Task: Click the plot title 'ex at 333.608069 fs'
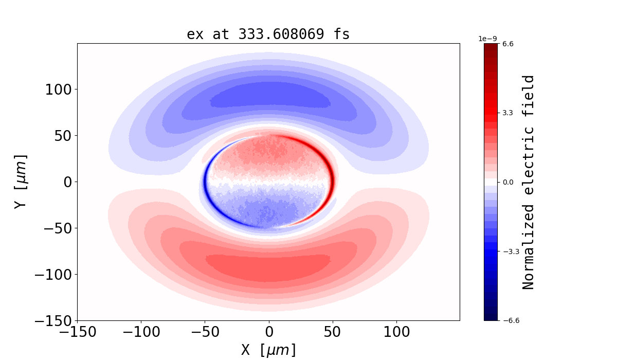coord(268,34)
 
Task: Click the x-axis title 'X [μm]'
coord(268,350)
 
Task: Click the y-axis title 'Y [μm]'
coord(20,182)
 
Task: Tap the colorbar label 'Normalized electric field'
coord(529,182)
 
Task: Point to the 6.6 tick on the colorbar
coord(508,44)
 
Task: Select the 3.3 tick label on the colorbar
coord(508,113)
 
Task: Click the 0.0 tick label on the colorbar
coord(508,182)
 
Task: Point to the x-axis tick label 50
coord(333,332)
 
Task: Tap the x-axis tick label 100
coord(396,332)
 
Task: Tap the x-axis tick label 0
coord(268,332)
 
